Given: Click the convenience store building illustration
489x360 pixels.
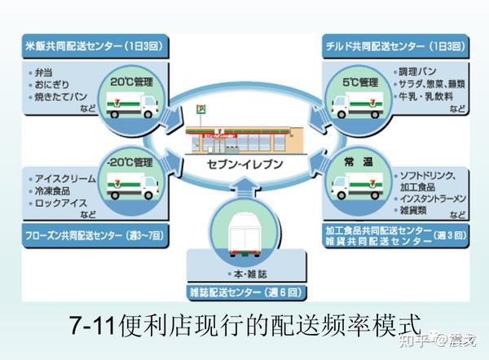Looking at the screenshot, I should [244, 134].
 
